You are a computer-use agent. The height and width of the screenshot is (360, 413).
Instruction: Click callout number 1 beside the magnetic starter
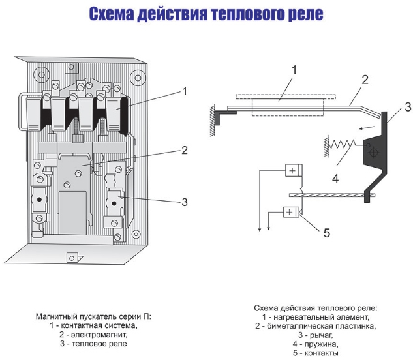click(185, 92)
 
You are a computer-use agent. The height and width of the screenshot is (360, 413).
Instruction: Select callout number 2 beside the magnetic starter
click(185, 150)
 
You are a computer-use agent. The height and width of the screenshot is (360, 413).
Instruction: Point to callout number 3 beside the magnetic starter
click(185, 203)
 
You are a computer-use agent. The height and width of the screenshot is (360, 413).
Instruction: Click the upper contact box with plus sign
click(291, 171)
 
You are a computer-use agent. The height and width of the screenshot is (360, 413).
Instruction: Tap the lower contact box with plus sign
click(290, 212)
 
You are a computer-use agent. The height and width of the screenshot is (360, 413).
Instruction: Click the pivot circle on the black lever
click(373, 153)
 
